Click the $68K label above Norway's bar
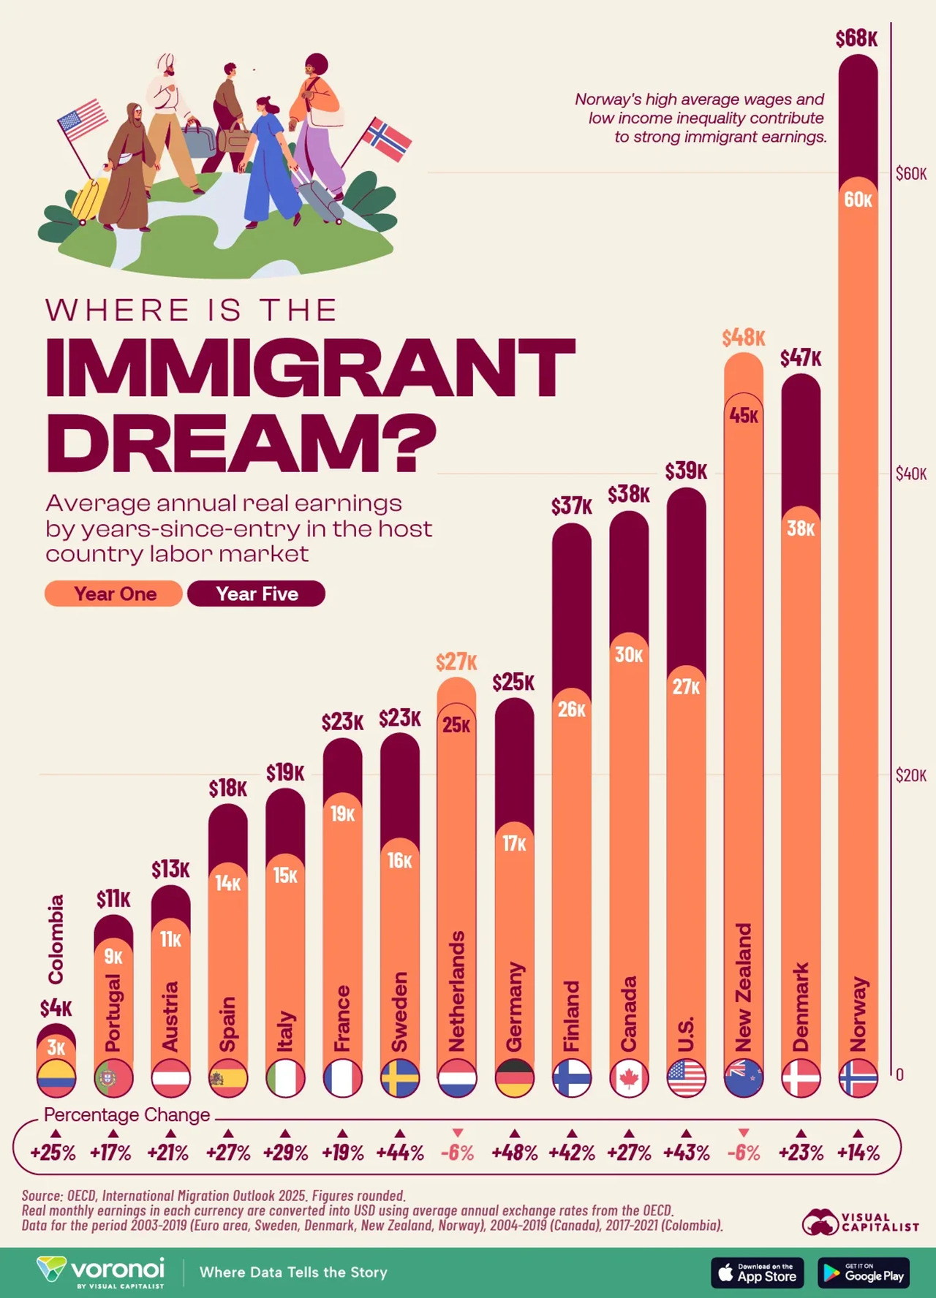tap(856, 39)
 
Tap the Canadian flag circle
tap(629, 1078)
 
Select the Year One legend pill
tap(113, 593)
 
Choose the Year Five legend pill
tap(256, 593)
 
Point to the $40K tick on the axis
tap(910, 474)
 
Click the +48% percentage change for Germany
tap(514, 1153)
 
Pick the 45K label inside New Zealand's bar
tap(744, 416)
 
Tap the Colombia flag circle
tap(56, 1078)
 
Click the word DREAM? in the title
tap(241, 442)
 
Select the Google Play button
tap(863, 1272)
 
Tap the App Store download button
tap(757, 1272)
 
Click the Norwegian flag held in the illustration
tap(387, 139)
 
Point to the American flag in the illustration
tap(82, 120)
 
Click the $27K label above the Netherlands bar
tap(456, 662)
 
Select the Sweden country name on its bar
tap(399, 1012)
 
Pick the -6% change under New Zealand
tap(744, 1153)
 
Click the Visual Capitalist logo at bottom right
tap(860, 1222)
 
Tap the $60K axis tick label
tap(910, 174)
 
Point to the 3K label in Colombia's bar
tap(56, 1047)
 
